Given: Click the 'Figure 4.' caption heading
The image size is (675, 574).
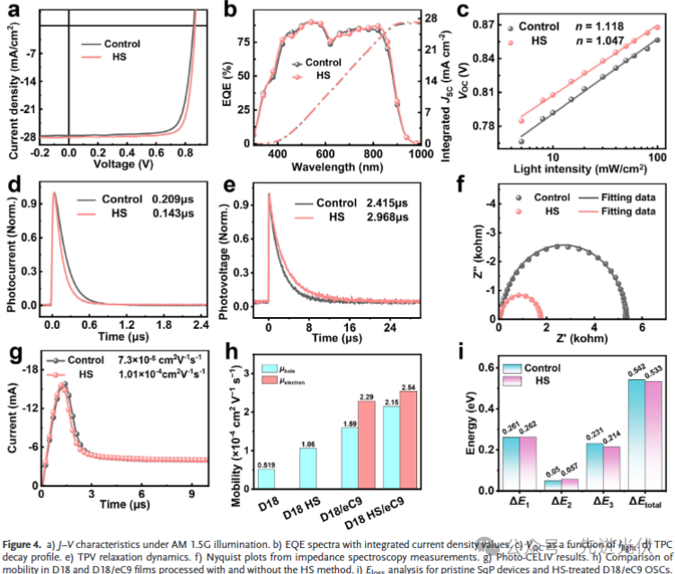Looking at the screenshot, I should [x=26, y=544].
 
